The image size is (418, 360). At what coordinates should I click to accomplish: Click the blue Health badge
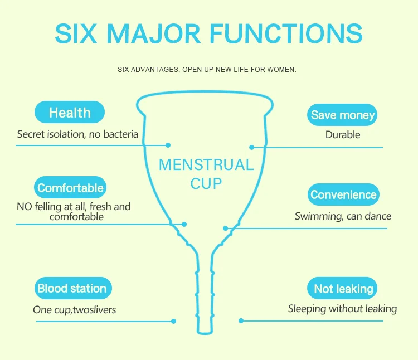(x=70, y=113)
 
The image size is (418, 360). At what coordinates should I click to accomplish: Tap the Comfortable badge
(x=70, y=188)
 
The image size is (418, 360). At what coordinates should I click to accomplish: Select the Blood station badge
(x=72, y=289)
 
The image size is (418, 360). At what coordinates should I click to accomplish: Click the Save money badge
(x=343, y=115)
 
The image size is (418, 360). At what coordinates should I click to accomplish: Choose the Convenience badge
(x=343, y=195)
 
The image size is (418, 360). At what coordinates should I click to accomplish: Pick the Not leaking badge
(x=343, y=289)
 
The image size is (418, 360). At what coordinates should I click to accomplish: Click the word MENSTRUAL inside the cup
(x=206, y=165)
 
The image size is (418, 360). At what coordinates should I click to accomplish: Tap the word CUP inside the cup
(x=206, y=183)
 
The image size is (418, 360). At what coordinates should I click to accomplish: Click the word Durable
(x=343, y=135)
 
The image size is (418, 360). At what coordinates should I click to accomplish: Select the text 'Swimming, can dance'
(x=343, y=216)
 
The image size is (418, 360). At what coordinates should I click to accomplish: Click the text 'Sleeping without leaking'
(x=342, y=309)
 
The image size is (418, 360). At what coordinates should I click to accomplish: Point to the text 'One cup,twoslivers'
(x=75, y=310)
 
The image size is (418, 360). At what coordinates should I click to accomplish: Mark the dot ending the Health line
(x=168, y=145)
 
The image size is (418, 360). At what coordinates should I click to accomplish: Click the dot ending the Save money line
(x=252, y=148)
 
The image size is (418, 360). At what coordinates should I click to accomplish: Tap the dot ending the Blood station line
(x=174, y=321)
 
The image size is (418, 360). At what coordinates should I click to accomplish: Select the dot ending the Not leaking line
(x=241, y=320)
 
